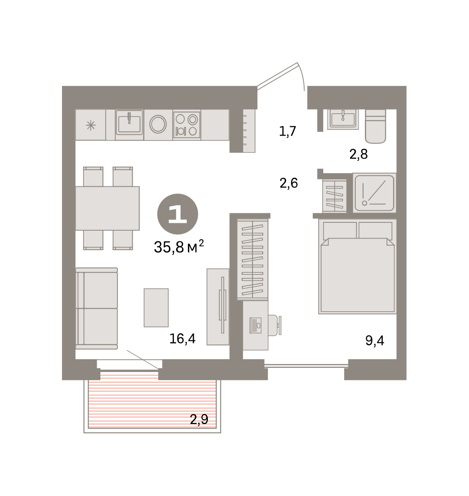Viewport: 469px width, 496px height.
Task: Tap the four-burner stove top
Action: pyautogui.click(x=186, y=125)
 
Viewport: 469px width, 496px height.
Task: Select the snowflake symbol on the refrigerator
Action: pyautogui.click(x=90, y=125)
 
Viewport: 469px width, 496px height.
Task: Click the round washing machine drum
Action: pyautogui.click(x=158, y=124)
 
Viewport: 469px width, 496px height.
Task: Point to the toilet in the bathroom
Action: pyautogui.click(x=375, y=126)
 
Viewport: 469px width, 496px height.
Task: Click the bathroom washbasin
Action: pyautogui.click(x=343, y=119)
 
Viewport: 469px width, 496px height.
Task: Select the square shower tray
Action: pyautogui.click(x=374, y=193)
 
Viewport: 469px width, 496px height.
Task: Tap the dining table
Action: pyautogui.click(x=107, y=208)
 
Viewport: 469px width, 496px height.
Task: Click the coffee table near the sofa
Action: pyautogui.click(x=156, y=308)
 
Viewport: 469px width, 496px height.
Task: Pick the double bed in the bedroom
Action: pyautogui.click(x=357, y=267)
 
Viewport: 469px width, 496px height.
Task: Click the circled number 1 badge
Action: pyautogui.click(x=177, y=214)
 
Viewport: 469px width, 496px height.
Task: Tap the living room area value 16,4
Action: pyautogui.click(x=182, y=339)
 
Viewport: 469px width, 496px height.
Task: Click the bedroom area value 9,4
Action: pyautogui.click(x=375, y=341)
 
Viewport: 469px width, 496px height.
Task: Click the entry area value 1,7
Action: pyautogui.click(x=287, y=131)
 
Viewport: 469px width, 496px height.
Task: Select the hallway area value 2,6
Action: pyautogui.click(x=288, y=183)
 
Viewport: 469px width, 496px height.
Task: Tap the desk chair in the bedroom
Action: pyautogui.click(x=274, y=325)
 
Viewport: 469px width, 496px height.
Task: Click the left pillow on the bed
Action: pyautogui.click(x=340, y=230)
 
